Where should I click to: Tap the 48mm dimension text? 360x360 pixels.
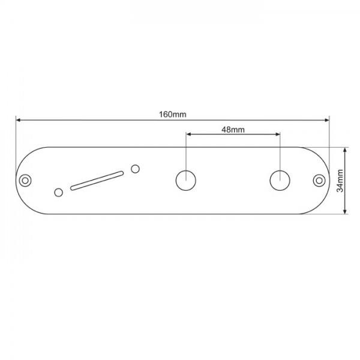(x=233, y=129)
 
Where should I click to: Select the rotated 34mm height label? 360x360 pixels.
(x=340, y=180)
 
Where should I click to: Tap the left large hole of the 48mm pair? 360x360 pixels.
(x=186, y=180)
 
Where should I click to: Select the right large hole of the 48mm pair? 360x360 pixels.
(x=280, y=180)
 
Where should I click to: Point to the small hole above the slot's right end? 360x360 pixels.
(x=136, y=169)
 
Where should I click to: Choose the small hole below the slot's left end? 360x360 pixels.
(x=58, y=192)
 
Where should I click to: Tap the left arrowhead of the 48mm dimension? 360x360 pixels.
(x=189, y=135)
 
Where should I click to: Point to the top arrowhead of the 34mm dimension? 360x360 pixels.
(x=345, y=150)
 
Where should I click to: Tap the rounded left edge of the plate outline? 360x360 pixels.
(x=16, y=180)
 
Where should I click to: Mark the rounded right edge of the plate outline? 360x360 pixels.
(x=329, y=180)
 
